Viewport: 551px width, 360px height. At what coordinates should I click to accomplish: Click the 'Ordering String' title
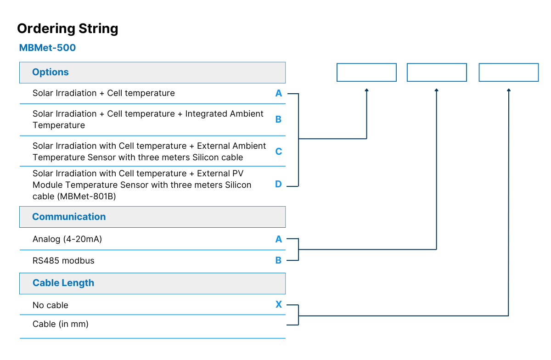point(67,29)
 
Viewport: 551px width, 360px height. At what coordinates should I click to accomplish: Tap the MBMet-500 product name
point(47,48)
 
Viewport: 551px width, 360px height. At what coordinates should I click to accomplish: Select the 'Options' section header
point(51,72)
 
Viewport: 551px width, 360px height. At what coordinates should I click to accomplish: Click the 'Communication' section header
point(69,217)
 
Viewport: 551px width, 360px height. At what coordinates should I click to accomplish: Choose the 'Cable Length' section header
point(63,283)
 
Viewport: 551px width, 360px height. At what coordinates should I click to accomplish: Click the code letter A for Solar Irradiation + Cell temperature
point(278,93)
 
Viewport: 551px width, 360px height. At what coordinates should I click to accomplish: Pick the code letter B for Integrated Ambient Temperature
point(278,119)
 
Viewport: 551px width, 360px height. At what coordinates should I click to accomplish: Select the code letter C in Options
point(278,152)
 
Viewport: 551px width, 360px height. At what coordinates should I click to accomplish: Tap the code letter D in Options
point(278,184)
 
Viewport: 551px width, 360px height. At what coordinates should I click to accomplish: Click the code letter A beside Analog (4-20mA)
point(278,239)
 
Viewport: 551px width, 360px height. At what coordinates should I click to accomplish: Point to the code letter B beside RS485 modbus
point(278,260)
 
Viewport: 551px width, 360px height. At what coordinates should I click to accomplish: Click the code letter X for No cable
point(279,304)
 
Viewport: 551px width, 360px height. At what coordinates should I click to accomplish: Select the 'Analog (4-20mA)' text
point(67,239)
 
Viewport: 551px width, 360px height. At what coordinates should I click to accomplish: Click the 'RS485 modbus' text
point(63,261)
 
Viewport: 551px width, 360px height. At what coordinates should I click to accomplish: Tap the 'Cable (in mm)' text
point(61,324)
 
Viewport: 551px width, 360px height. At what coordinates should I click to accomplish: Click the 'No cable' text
point(51,305)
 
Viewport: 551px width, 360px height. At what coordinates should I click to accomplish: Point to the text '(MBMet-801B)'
point(87,197)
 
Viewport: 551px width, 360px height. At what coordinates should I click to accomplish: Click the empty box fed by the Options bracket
point(366,63)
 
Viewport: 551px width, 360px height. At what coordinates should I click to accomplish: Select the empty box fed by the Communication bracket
point(437,63)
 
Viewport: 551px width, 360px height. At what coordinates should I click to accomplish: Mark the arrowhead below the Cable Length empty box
point(509,90)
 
